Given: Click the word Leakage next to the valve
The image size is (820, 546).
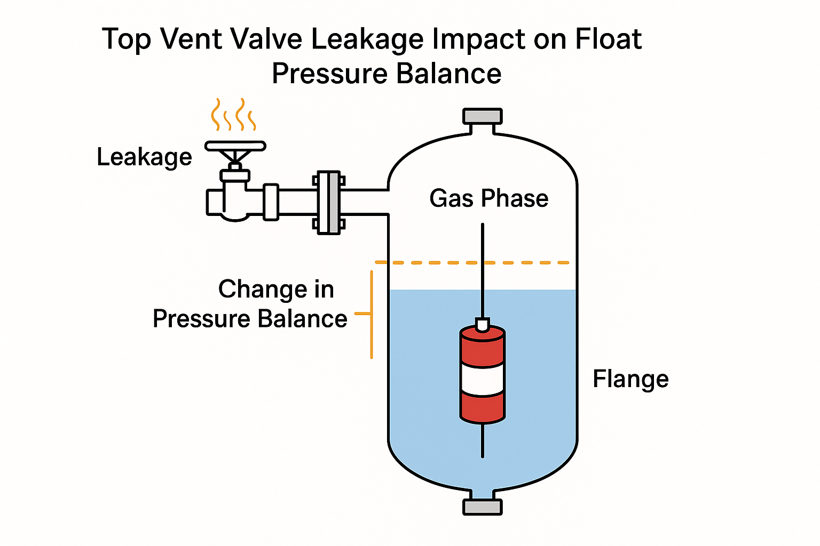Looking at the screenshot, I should click(144, 157).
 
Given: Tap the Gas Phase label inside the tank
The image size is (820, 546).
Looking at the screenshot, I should click(488, 198).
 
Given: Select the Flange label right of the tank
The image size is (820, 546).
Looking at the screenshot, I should click(630, 379).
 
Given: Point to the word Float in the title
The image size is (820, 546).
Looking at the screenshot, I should click(608, 39).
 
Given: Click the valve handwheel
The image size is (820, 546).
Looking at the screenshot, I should click(235, 146).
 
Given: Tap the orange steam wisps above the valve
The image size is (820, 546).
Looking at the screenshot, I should click(233, 115).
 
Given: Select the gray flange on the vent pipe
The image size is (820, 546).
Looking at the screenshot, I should click(328, 203).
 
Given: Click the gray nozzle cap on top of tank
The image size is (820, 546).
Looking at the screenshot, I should click(483, 116).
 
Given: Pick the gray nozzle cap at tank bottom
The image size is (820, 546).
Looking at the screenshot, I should click(483, 507).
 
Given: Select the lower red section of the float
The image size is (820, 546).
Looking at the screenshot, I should click(483, 408).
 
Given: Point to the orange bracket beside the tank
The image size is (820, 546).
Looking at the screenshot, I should click(371, 314).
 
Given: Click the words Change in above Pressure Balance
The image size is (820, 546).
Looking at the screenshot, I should click(276, 290).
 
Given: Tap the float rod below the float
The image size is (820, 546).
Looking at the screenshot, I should click(483, 440).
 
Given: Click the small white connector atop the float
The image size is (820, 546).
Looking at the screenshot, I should click(483, 324).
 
